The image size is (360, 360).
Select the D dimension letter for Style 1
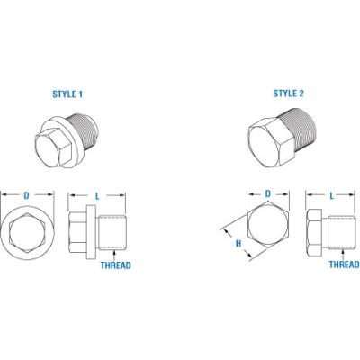pos(25,193)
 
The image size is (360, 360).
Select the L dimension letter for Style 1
pos(97,193)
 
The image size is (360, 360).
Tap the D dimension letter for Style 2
pos(267,193)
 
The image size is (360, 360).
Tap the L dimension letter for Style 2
pos(331,193)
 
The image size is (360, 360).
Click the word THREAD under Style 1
pos(116,265)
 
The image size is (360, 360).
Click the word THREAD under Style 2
pos(344,265)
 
